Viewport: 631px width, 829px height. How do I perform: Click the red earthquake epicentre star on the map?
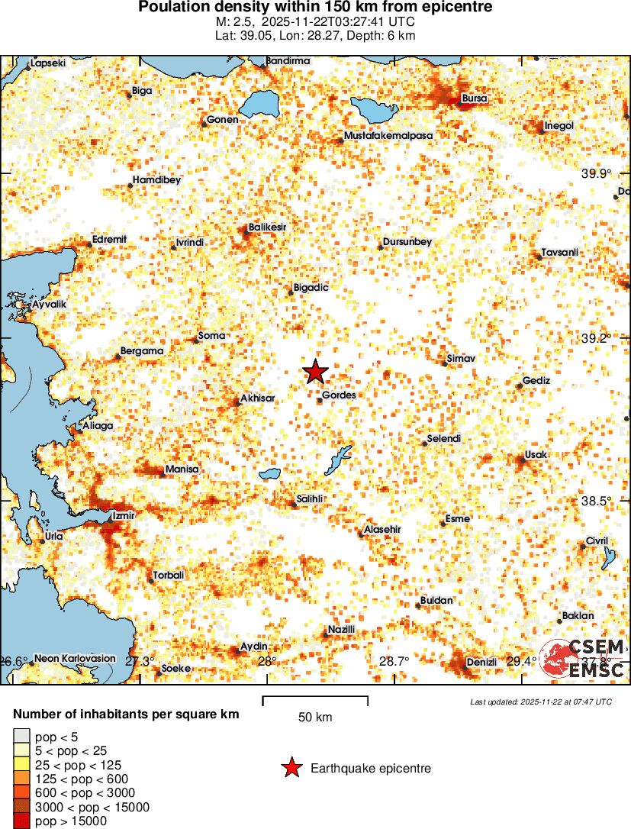point(315,371)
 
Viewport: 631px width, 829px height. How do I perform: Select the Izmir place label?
point(123,515)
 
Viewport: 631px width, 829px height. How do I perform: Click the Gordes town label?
point(339,395)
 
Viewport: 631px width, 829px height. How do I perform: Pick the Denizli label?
point(481,662)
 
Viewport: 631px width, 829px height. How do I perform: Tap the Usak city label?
point(536,455)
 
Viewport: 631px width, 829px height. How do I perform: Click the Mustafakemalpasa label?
point(388,136)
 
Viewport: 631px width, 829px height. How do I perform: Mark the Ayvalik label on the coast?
point(50,305)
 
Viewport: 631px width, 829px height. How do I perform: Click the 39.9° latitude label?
point(596,174)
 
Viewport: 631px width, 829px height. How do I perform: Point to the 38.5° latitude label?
point(596,501)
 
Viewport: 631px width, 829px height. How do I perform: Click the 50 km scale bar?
point(315,701)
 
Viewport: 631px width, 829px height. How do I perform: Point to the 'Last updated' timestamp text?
point(540,702)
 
